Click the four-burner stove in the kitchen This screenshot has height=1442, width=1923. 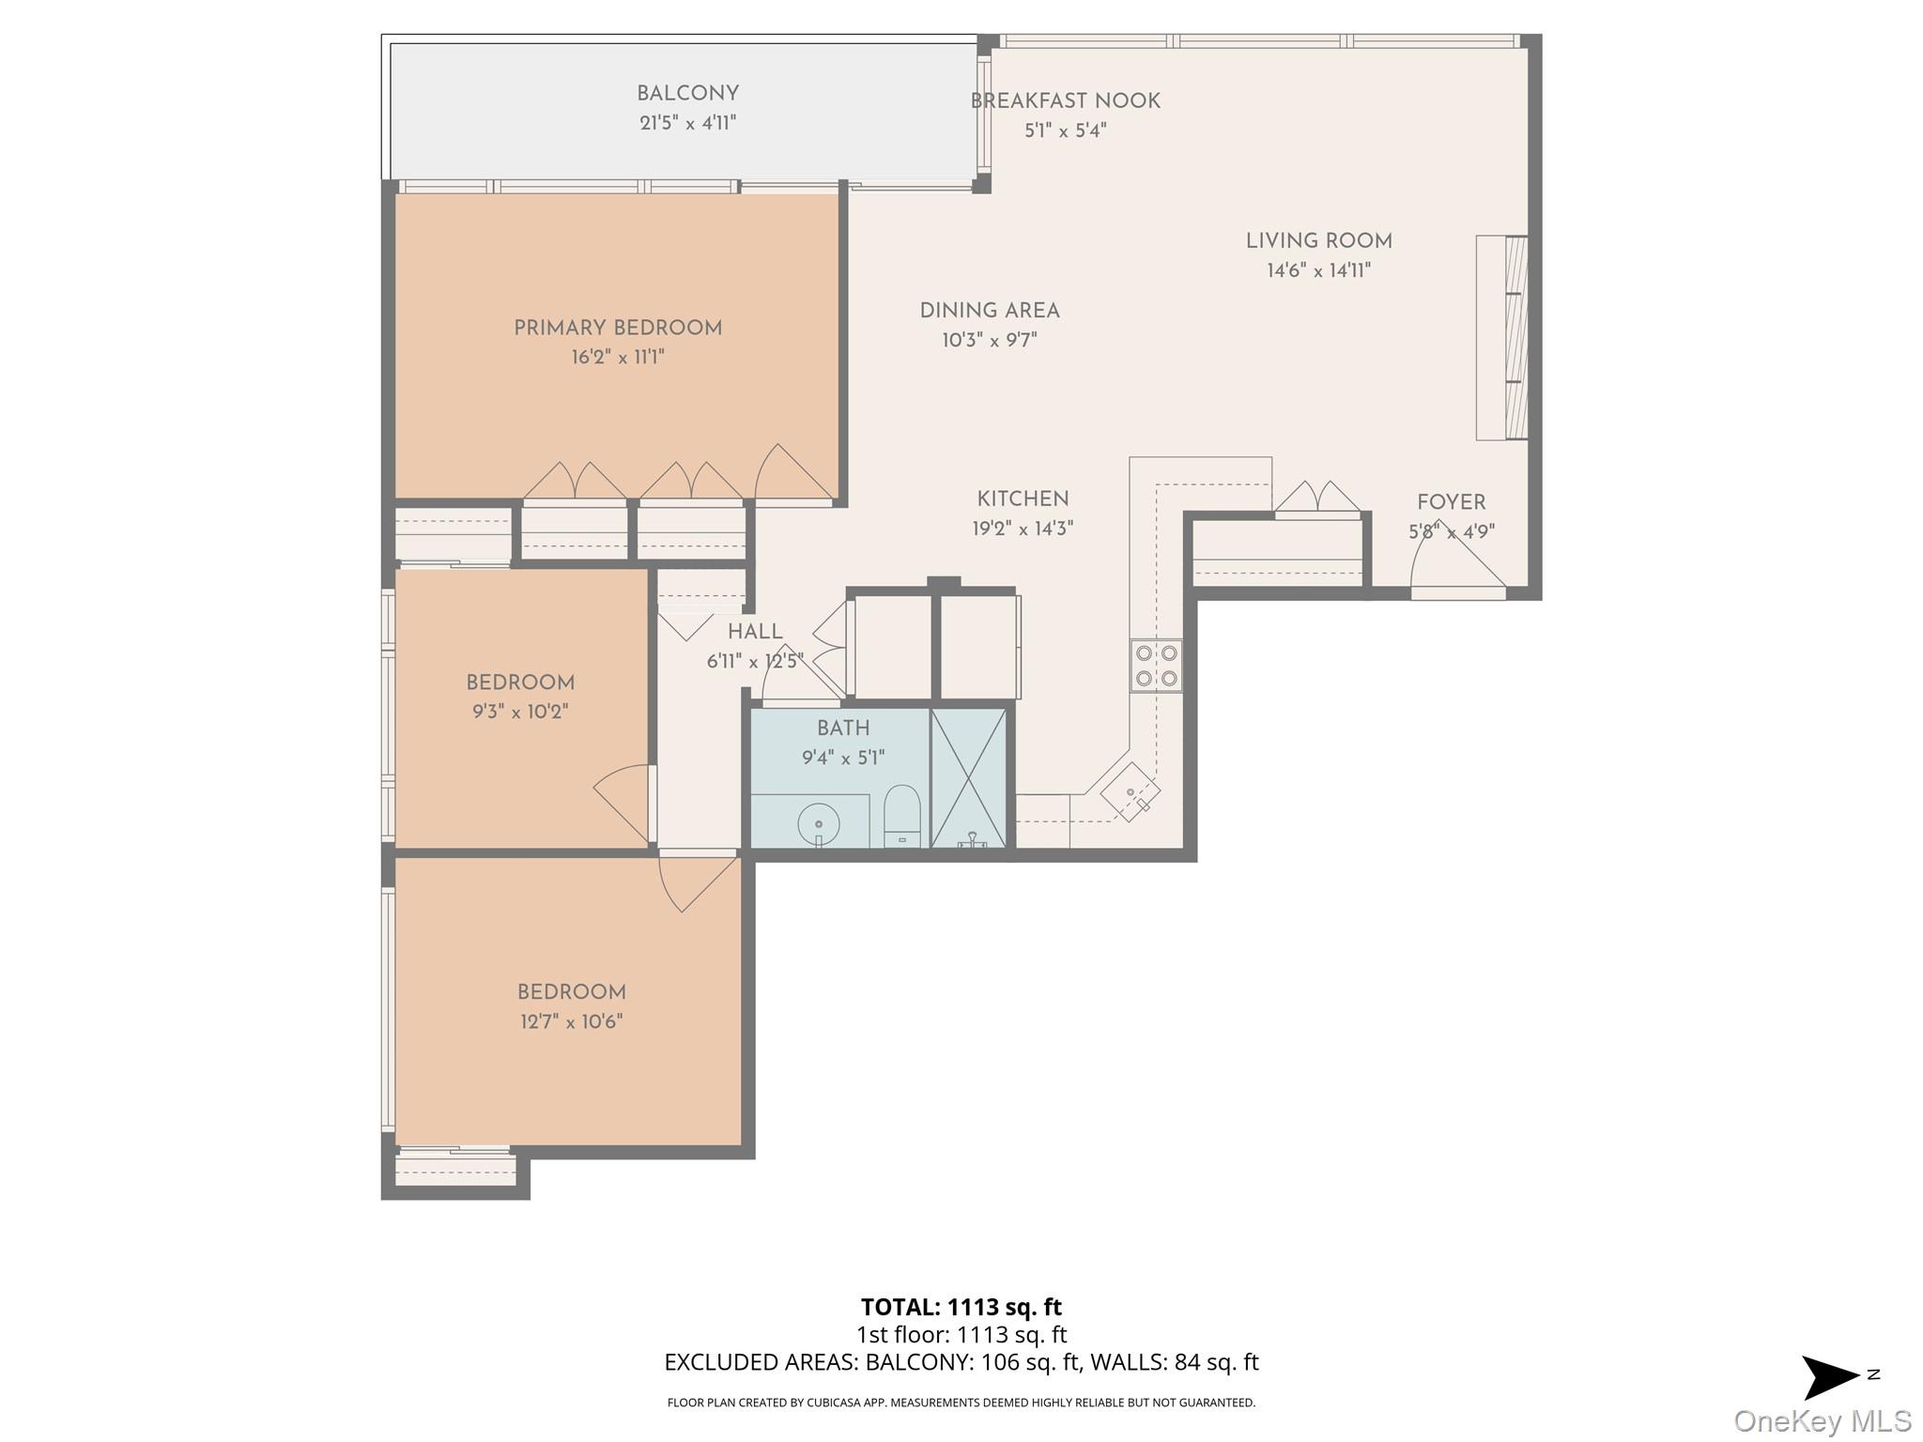tap(1156, 666)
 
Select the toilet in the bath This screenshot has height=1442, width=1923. tap(901, 815)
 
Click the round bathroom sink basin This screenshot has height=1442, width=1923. tap(819, 824)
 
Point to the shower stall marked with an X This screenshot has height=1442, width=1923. tap(968, 778)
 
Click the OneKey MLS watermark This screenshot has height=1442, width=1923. tap(1822, 1420)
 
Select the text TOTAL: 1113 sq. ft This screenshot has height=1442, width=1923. tap(961, 1307)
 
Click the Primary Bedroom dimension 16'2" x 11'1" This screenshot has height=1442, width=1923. tap(617, 358)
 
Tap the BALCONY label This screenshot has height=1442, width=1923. tap(687, 94)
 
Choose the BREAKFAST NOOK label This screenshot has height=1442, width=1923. tap(1065, 101)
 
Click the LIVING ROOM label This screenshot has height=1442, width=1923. tap(1318, 241)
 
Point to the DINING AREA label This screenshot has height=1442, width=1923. tap(989, 311)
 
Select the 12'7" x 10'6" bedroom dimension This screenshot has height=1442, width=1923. tap(571, 1022)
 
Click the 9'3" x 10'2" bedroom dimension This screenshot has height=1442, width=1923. tap(519, 713)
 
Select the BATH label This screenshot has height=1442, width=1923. tap(842, 729)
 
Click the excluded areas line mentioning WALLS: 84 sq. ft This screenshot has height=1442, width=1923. tap(961, 1362)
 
